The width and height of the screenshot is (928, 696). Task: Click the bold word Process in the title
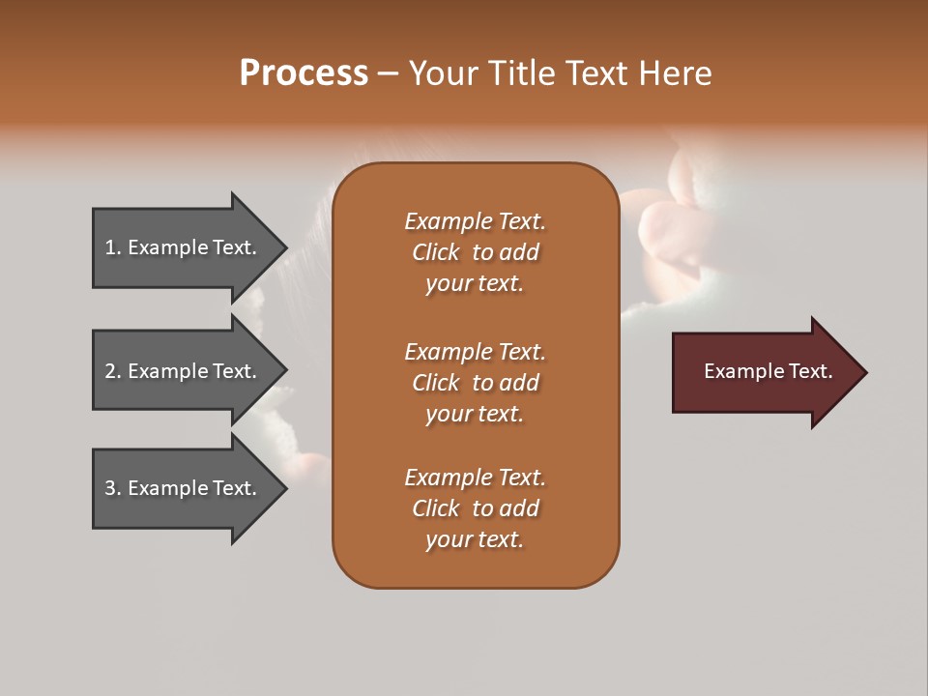(x=304, y=73)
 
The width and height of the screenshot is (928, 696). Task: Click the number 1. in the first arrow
(x=113, y=247)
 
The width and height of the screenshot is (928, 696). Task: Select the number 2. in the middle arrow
(x=113, y=371)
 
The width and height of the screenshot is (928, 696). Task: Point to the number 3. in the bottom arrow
(x=113, y=488)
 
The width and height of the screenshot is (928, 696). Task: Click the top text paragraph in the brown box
(x=475, y=252)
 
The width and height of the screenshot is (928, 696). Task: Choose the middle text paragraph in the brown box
(x=475, y=383)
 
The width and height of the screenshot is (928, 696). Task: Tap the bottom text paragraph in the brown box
(x=475, y=508)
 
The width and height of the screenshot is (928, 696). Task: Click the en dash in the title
(x=388, y=73)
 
